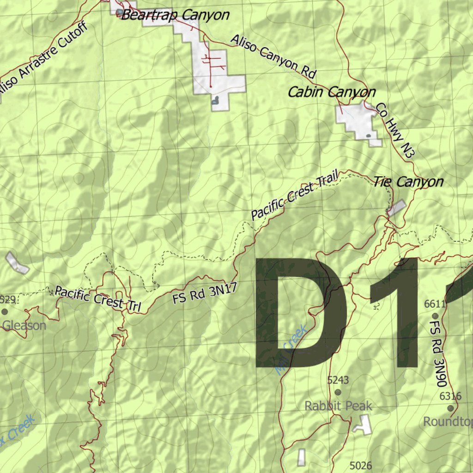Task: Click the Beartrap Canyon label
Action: click(x=175, y=15)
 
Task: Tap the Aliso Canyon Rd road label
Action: click(x=273, y=55)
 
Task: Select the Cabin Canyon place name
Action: click(x=332, y=92)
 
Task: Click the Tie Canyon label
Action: click(x=408, y=182)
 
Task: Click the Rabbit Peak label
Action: click(x=338, y=406)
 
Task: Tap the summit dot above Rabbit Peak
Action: click(x=338, y=392)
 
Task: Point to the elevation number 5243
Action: click(x=338, y=380)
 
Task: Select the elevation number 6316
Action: click(x=450, y=396)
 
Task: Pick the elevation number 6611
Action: click(x=435, y=303)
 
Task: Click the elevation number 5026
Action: click(x=361, y=465)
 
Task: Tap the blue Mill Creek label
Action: click(x=291, y=349)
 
